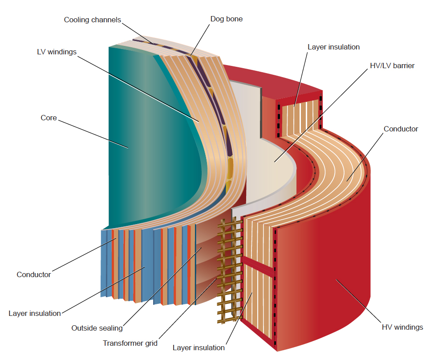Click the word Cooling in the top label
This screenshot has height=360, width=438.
pyautogui.click(x=77, y=20)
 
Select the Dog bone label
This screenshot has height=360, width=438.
pyautogui.click(x=227, y=19)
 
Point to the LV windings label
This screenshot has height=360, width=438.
pyautogui.click(x=57, y=52)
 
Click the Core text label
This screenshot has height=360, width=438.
pyautogui.click(x=49, y=118)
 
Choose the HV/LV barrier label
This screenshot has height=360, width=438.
pyautogui.click(x=392, y=65)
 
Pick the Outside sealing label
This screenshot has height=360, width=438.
pyautogui.click(x=97, y=328)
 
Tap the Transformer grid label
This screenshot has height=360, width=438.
pyautogui.click(x=130, y=343)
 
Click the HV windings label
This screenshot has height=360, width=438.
pyautogui.click(x=402, y=327)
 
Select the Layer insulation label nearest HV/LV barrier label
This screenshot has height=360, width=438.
pyautogui.click(x=333, y=47)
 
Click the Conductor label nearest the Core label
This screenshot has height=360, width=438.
pyautogui.click(x=34, y=274)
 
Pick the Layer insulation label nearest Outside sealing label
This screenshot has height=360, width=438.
pyautogui.click(x=35, y=313)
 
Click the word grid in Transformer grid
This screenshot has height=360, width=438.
pyautogui.click(x=150, y=343)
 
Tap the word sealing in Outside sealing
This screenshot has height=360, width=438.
pyautogui.click(x=111, y=328)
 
